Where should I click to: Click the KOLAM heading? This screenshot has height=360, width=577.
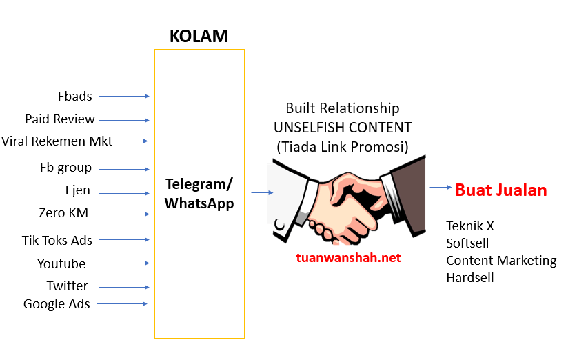click(199, 36)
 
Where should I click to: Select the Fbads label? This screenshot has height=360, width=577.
click(75, 96)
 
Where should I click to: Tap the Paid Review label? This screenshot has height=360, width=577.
click(60, 119)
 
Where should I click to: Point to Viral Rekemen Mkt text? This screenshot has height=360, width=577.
click(57, 141)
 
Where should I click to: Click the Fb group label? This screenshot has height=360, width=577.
click(65, 168)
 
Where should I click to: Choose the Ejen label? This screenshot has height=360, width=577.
click(77, 191)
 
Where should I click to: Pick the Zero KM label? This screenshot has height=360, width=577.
click(63, 213)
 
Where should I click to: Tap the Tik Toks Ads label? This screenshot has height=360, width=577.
click(57, 240)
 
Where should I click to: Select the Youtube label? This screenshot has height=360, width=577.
click(62, 263)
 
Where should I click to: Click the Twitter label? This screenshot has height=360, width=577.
click(68, 286)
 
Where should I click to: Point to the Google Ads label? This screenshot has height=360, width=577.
click(57, 303)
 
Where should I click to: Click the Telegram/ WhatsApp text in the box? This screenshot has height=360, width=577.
click(199, 193)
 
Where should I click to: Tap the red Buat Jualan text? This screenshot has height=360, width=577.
click(501, 190)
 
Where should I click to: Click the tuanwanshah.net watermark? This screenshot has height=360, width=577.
click(348, 258)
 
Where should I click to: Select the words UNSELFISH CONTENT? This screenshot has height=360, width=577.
click(343, 127)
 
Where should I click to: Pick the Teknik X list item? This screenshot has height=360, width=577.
click(470, 226)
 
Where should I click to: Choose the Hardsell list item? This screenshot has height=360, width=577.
click(470, 277)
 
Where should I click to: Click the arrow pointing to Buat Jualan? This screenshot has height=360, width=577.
click(441, 187)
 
